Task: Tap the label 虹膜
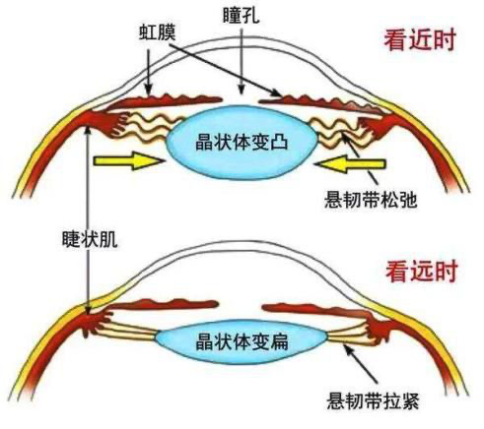[157, 31]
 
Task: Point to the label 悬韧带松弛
[371, 199]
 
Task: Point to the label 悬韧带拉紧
[373, 400]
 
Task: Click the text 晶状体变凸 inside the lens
[242, 142]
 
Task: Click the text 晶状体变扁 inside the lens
[242, 341]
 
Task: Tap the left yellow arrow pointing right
[129, 160]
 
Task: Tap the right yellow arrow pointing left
[349, 163]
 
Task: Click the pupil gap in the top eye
[241, 100]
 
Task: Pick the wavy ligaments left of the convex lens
[148, 130]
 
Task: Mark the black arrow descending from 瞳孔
[242, 61]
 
